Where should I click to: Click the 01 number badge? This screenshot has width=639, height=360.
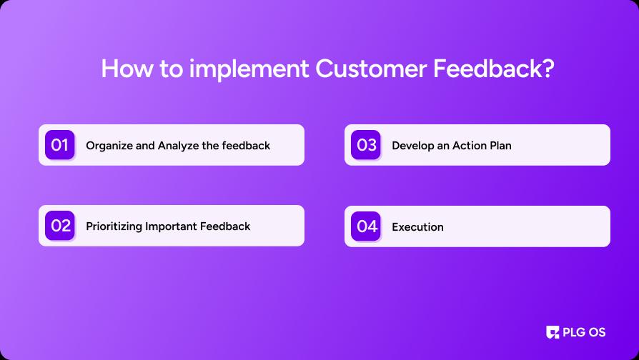click(60, 145)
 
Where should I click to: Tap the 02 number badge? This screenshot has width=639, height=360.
click(60, 226)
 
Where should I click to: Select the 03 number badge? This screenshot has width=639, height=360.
click(366, 145)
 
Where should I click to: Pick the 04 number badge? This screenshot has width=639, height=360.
click(366, 226)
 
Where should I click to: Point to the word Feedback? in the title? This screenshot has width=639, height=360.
click(493, 69)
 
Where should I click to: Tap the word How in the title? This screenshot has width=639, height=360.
click(127, 69)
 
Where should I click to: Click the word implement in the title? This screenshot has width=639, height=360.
click(249, 69)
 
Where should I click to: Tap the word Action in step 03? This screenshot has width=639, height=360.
click(463, 146)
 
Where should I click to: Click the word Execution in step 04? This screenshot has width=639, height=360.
click(417, 227)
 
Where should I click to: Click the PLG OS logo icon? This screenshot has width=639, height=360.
click(553, 332)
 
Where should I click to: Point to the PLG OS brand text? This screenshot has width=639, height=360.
click(584, 332)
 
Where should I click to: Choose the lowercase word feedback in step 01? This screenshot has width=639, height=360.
click(246, 146)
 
